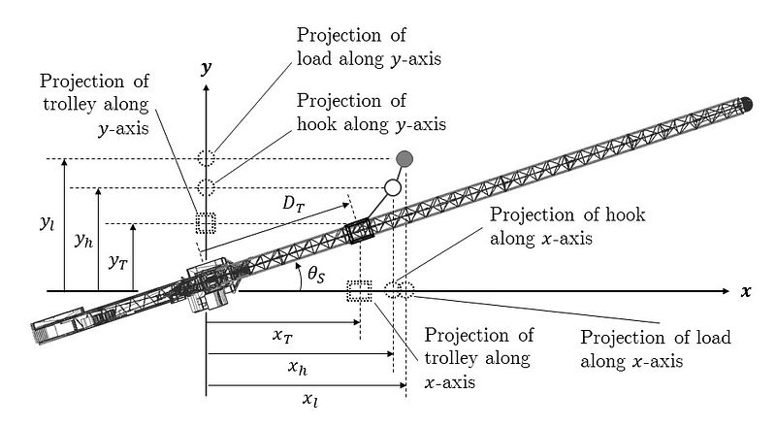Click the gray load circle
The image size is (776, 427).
(404, 157)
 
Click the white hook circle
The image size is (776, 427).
(392, 187)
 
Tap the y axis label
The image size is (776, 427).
(206, 67)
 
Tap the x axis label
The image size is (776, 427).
(746, 291)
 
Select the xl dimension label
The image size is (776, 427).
(308, 398)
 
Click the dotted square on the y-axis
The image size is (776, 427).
(205, 222)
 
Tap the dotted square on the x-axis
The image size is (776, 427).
(359, 290)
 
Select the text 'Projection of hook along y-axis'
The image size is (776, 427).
(370, 113)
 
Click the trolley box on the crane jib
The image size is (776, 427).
(360, 234)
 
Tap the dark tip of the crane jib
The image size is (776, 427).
(747, 101)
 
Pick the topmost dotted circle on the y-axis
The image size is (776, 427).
(205, 158)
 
